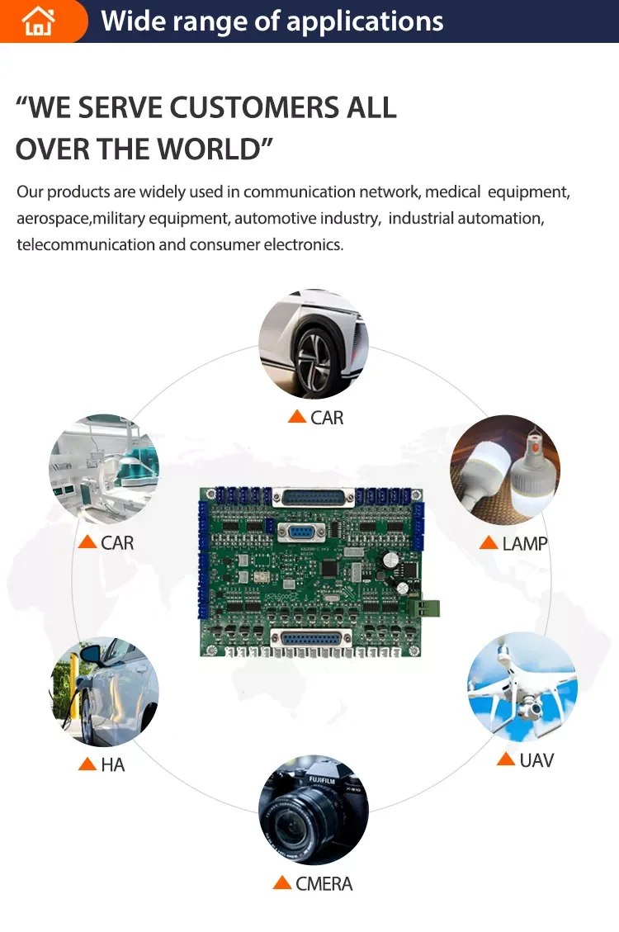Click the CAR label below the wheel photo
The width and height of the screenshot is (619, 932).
(x=327, y=418)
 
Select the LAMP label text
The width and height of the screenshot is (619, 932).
(x=525, y=543)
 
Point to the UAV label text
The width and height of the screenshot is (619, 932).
(x=536, y=759)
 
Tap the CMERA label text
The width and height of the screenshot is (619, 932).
(x=324, y=884)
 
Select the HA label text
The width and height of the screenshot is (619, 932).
(x=113, y=765)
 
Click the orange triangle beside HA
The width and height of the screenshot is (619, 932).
(x=87, y=764)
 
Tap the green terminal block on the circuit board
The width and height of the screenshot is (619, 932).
(x=429, y=608)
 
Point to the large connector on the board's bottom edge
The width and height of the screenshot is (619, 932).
(x=312, y=640)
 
